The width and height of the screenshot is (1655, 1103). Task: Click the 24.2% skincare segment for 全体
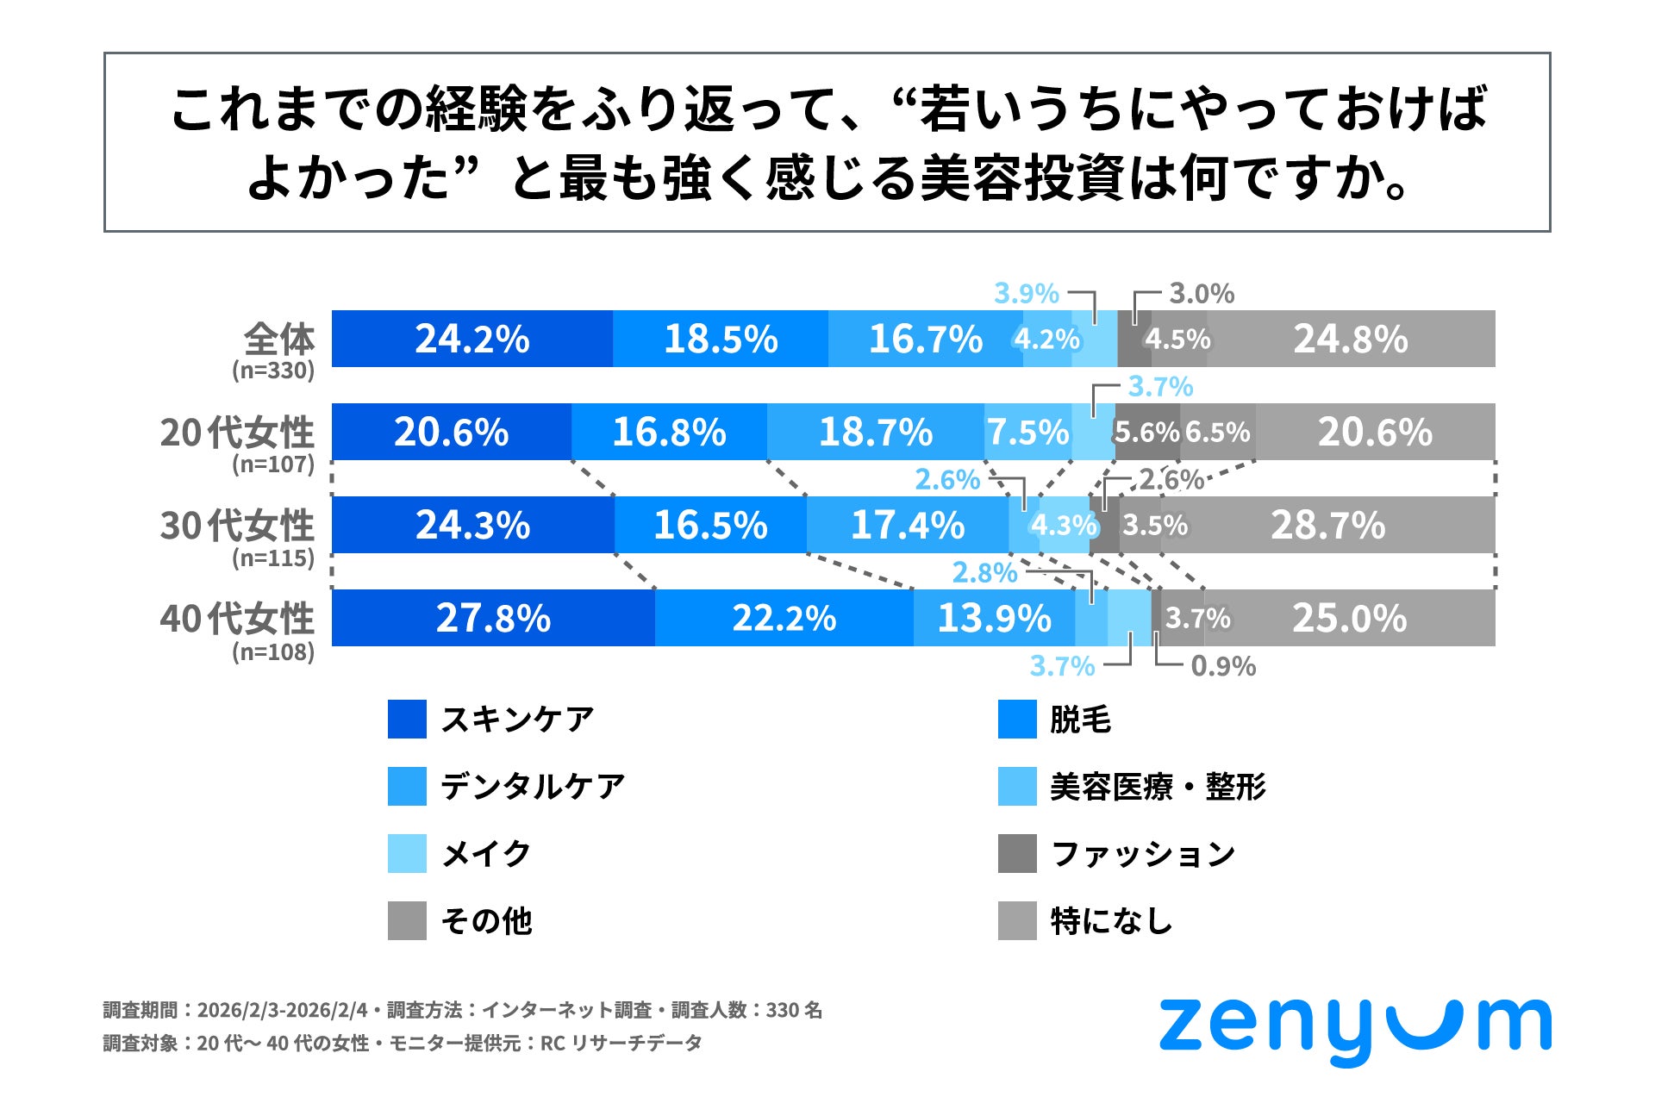472,339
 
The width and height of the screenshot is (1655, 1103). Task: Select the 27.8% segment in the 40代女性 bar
492,618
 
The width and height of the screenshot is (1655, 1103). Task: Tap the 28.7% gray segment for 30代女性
1327,525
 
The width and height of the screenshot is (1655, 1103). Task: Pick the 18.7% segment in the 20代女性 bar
875,432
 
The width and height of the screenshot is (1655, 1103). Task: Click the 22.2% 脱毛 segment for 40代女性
784,618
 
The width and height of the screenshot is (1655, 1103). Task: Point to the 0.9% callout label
1222,666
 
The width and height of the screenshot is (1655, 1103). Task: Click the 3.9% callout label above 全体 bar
1026,294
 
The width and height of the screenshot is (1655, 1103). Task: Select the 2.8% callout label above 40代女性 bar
984,573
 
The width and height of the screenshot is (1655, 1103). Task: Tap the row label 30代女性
236,525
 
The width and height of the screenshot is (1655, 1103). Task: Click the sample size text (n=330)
272,371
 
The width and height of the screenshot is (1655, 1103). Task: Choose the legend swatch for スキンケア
407,720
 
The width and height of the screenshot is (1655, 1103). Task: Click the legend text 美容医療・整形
1157,787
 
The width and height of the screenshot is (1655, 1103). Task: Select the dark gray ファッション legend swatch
1017,854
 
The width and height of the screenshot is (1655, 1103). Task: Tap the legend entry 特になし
1111,921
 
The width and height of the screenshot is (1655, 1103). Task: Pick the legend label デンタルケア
533,787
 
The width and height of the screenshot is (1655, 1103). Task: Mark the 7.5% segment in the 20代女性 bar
1027,432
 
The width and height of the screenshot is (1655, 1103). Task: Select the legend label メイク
486,854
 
